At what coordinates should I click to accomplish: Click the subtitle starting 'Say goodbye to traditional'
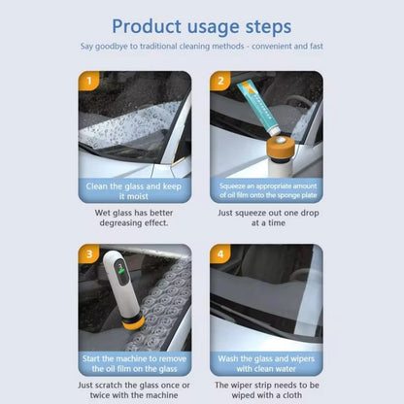(202, 47)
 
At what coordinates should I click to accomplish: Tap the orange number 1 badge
(88, 83)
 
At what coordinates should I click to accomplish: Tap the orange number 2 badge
(219, 83)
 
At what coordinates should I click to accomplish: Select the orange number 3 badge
(88, 255)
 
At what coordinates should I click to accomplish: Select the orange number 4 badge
(219, 255)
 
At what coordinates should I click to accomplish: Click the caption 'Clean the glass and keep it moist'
(135, 191)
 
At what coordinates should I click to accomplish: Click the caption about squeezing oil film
(266, 191)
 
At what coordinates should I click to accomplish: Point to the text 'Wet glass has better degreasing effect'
(135, 217)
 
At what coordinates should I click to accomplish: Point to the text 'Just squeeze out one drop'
(266, 217)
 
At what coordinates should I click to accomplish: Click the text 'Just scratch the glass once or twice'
(135, 389)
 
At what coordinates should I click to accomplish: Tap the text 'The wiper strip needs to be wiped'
(266, 389)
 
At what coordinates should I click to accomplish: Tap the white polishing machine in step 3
(115, 287)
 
